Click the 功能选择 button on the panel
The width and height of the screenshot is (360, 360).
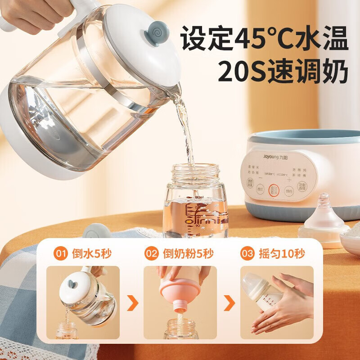[302, 186]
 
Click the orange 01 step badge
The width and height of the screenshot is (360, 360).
[60, 254]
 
